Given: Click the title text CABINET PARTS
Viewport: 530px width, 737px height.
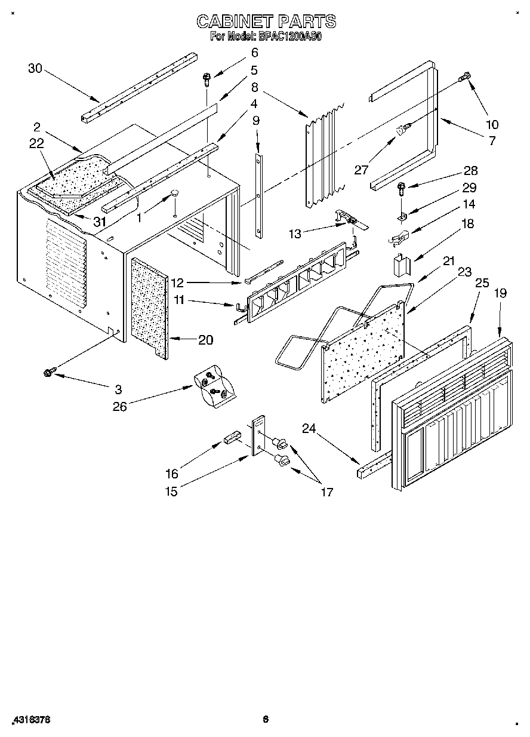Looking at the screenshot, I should (x=266, y=22).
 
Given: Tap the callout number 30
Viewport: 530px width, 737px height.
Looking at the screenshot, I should (x=35, y=68).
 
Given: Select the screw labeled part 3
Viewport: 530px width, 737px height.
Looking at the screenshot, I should (x=47, y=373).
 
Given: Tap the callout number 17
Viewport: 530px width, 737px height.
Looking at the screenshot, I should (x=326, y=492).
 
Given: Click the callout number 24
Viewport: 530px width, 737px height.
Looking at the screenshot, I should (x=308, y=427).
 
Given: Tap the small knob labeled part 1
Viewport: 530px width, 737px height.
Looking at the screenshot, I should (x=175, y=193).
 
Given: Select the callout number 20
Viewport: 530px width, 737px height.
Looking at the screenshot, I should (x=205, y=339).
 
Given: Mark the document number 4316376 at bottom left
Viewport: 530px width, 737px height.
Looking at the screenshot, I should (x=30, y=719).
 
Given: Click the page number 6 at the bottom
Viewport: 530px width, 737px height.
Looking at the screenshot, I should (x=266, y=719).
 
